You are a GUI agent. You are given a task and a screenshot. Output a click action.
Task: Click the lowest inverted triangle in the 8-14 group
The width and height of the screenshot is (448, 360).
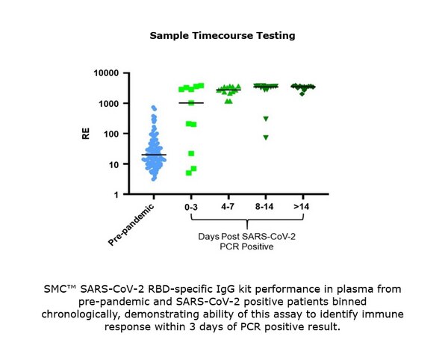265,137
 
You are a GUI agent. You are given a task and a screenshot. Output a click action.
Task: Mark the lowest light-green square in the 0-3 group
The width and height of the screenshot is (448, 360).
189,173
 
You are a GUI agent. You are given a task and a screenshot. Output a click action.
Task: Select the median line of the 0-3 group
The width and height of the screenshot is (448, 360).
191,103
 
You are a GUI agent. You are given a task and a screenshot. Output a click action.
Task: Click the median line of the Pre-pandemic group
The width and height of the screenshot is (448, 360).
154,155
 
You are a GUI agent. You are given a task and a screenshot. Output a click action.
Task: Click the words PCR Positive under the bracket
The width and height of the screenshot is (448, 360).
246,248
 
